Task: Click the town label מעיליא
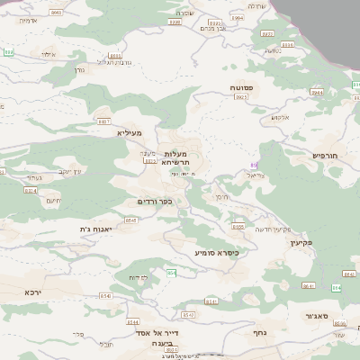tap(130, 132)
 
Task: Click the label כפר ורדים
tap(154, 201)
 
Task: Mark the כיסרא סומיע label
tap(216, 253)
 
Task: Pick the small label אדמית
tap(27, 19)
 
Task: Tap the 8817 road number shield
tap(103, 121)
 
